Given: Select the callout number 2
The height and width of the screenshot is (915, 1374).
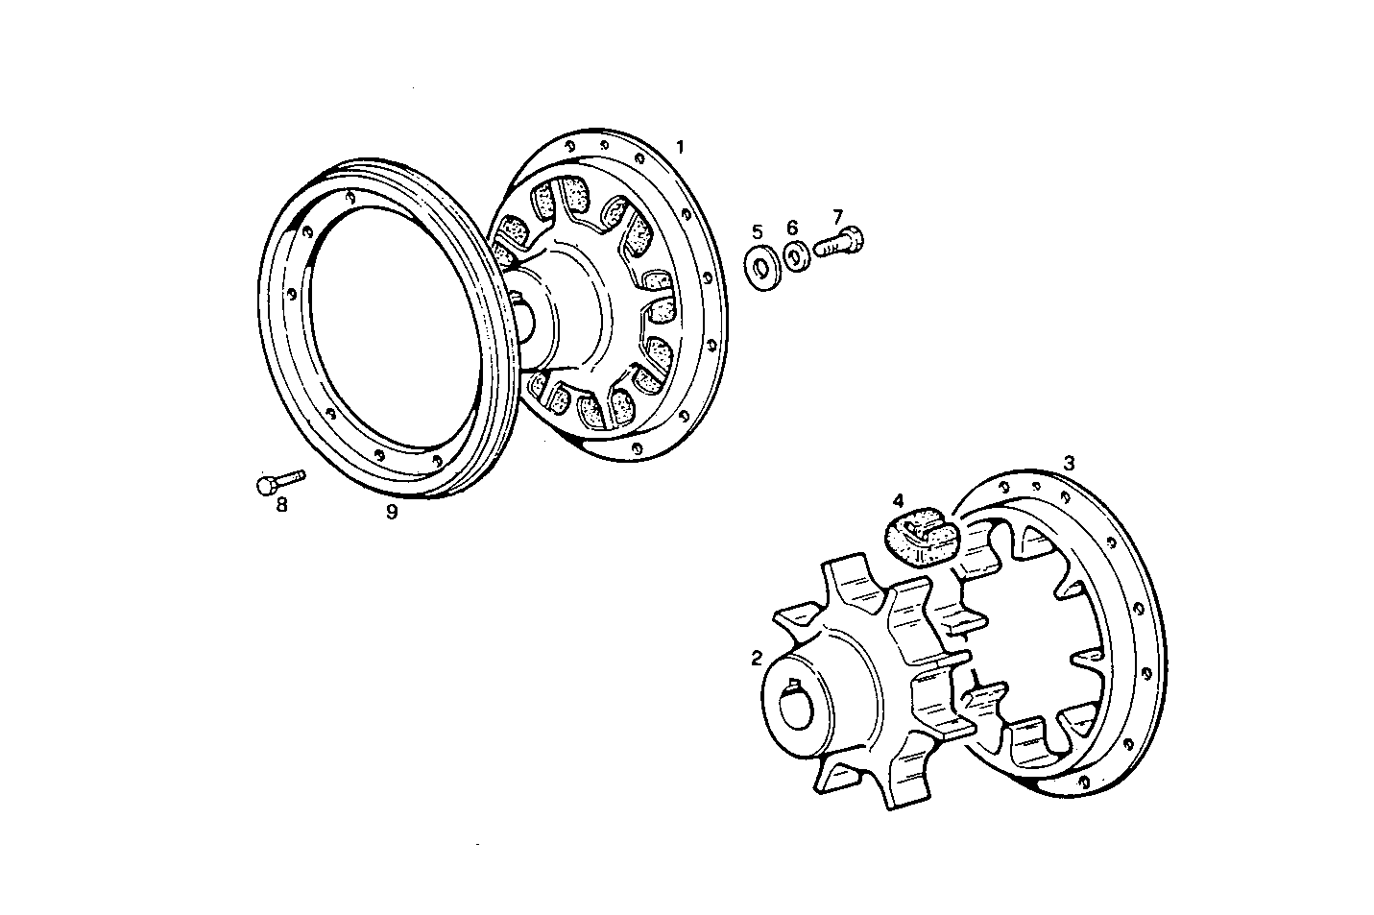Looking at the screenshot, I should point(757,658).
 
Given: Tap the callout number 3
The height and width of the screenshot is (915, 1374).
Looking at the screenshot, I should point(1069,463).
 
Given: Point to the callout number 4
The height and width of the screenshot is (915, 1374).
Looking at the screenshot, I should point(898,500).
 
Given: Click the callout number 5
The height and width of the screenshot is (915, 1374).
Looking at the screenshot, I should point(757,231).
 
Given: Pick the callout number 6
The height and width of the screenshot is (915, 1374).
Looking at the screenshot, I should point(792,228).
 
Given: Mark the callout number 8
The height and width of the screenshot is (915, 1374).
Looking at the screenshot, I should point(281,505).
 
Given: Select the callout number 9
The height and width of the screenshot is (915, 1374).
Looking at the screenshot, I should point(392,512).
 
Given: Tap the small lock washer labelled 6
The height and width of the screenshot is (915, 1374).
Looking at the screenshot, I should point(794,254).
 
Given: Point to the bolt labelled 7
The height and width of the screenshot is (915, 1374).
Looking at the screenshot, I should point(839,242).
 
